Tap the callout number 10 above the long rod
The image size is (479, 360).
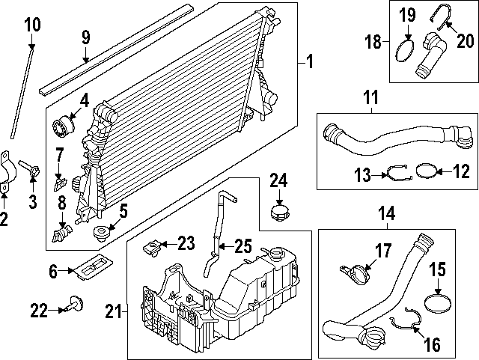[32, 25]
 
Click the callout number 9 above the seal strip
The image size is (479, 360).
[85, 37]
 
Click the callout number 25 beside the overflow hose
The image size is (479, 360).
[243, 244]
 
